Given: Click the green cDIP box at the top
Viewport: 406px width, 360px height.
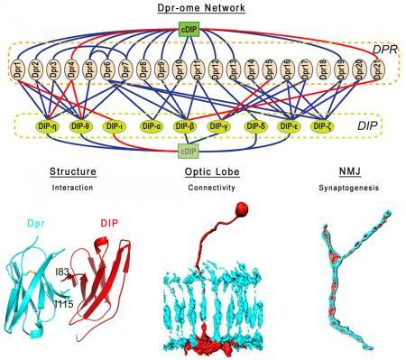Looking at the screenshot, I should click(202, 32).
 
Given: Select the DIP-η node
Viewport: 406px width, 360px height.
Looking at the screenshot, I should click(43, 126).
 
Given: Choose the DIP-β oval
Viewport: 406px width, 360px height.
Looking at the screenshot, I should click(185, 126).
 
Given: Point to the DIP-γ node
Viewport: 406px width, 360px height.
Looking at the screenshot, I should click(220, 126).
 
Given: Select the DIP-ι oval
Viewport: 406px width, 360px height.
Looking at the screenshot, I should click(114, 126).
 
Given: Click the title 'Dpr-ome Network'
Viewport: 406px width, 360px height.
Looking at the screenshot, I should click(201, 7).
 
